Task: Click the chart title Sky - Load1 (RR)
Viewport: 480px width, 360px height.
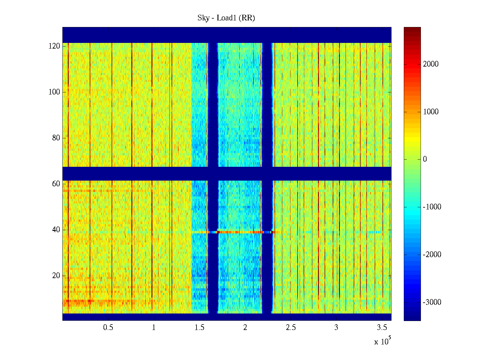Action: click(x=226, y=18)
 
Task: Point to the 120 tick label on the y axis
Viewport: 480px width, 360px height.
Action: click(x=54, y=46)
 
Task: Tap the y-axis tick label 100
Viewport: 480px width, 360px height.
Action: click(x=54, y=92)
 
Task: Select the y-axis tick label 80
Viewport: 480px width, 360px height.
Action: click(x=56, y=138)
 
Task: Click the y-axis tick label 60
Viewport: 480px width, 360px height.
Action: click(x=56, y=184)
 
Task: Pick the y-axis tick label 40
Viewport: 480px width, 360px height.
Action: click(x=56, y=230)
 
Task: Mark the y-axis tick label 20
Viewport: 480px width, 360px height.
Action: click(x=56, y=276)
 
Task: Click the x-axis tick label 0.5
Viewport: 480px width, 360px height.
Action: click(x=108, y=328)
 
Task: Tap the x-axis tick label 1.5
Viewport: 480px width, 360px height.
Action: click(x=199, y=328)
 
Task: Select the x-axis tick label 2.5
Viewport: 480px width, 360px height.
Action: click(x=291, y=328)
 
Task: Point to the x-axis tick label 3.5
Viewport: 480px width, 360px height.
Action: click(x=382, y=328)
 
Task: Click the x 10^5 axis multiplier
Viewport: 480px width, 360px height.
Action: click(x=382, y=341)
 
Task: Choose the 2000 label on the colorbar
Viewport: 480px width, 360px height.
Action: click(x=430, y=64)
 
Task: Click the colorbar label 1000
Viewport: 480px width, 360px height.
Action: click(x=430, y=112)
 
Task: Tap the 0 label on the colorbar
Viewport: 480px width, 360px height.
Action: click(x=425, y=159)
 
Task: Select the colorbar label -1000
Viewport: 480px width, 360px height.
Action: click(x=432, y=207)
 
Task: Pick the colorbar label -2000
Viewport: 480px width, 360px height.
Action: click(x=432, y=255)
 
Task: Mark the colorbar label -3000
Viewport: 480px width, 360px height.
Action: click(x=432, y=302)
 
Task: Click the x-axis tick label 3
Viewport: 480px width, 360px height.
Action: click(x=336, y=328)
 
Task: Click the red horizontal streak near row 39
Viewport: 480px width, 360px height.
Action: click(x=240, y=232)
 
